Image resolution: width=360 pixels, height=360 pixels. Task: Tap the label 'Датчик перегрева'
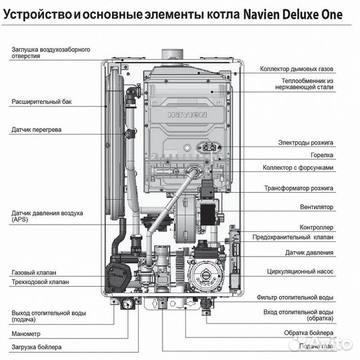tap(36, 129)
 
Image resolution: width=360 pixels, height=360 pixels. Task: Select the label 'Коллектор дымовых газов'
tap(297, 69)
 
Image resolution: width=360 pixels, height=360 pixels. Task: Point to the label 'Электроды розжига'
tap(306, 143)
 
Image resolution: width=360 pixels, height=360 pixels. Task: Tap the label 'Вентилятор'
tap(315, 207)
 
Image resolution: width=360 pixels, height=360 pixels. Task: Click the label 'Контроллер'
tap(316, 227)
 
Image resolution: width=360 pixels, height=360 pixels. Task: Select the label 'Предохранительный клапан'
tap(293, 237)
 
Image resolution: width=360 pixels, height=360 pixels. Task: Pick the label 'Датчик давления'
tap(309, 253)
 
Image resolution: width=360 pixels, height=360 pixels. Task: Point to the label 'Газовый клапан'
tap(34, 273)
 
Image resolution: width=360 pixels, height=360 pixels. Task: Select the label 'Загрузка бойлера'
tap(36, 347)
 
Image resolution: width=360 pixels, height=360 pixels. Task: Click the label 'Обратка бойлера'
tap(306, 332)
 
